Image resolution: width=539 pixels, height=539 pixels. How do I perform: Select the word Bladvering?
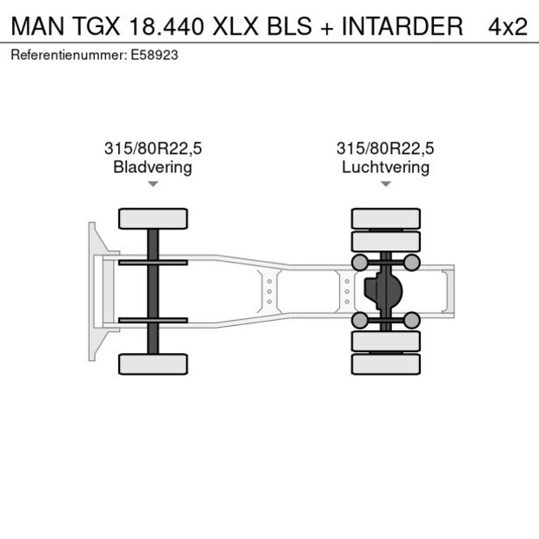coord(153,167)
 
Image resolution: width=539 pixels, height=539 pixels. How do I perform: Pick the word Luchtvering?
coord(385,167)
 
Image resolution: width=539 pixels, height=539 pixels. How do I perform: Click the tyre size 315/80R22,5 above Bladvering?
coord(153,149)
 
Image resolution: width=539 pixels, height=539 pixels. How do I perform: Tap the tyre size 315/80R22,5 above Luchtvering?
coord(385,149)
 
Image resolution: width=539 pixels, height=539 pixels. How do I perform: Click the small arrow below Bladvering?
coord(153,184)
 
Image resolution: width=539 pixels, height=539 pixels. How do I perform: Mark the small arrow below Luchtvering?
coord(385,184)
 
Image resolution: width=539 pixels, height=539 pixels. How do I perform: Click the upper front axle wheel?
coord(153,218)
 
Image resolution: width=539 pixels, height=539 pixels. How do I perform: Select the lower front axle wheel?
coord(153,363)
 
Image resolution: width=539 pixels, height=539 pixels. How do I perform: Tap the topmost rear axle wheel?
coord(385,218)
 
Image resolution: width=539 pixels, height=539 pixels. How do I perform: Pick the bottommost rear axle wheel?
coord(385,364)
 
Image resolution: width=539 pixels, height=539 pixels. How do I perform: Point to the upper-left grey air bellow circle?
coord(358,263)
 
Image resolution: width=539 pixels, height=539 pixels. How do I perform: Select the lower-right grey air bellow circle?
coord(412,321)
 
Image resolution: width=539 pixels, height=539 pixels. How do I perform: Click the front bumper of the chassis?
coord(92,291)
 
